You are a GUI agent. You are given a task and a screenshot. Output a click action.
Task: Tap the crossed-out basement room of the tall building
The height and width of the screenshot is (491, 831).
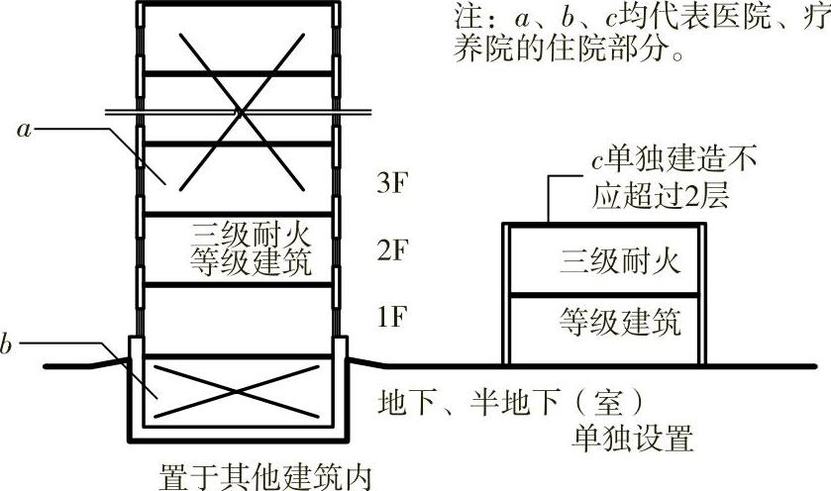coord(238,389)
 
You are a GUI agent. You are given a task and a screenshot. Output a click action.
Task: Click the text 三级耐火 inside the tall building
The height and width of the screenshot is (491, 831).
coord(254,236)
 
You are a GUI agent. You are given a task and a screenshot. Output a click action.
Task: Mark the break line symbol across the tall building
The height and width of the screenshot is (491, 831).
coord(238,113)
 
